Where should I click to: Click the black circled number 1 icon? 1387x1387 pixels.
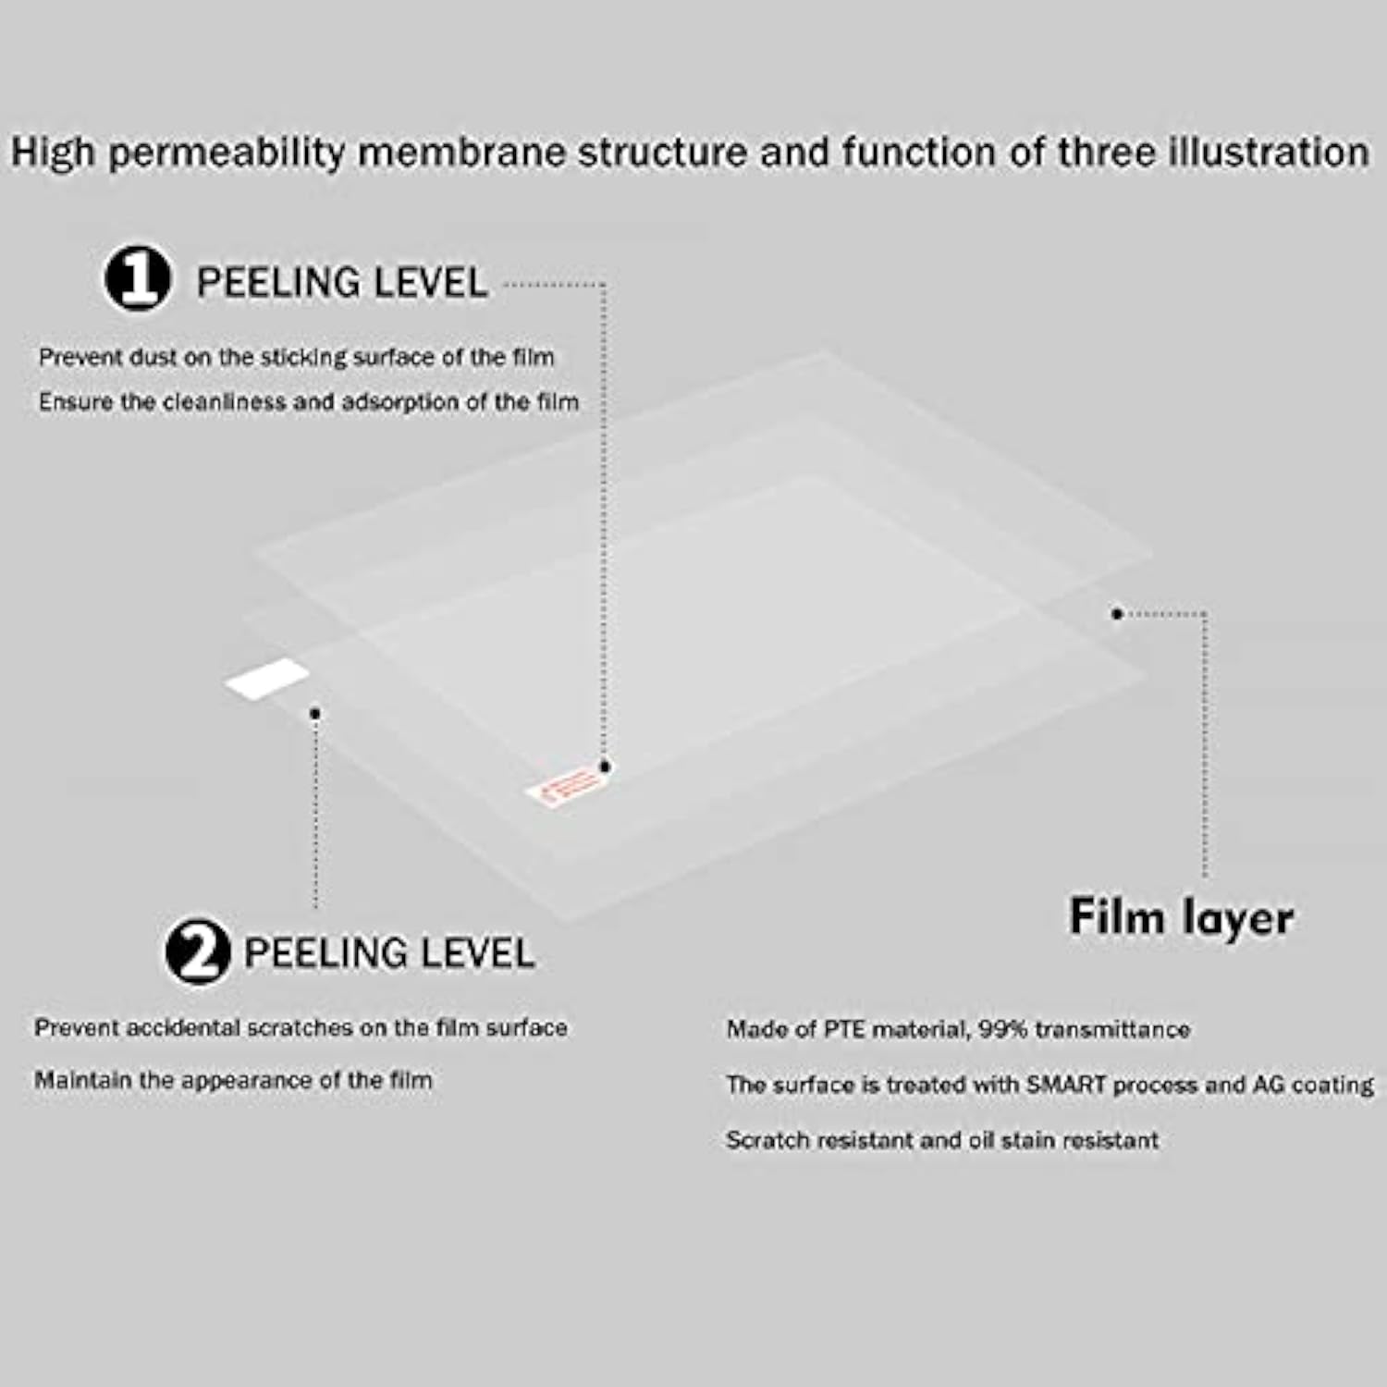[x=138, y=278]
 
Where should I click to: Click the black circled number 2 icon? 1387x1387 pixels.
[x=198, y=950]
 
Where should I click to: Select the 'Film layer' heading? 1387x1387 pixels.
[x=1181, y=918]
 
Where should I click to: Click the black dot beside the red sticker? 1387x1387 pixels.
[x=605, y=767]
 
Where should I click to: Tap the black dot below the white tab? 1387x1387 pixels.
[x=315, y=713]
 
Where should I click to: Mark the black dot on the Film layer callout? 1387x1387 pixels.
[x=1116, y=613]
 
